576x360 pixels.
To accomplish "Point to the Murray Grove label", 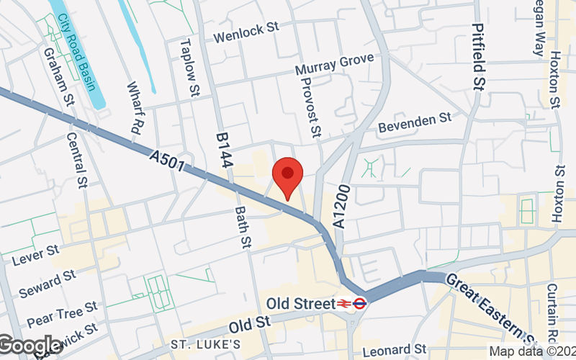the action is point(335,65).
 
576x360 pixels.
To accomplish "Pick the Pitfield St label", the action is point(478,55).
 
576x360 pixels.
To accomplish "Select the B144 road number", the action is point(224,150).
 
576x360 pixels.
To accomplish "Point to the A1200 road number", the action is point(341,208).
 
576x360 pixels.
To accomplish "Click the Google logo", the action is point(30,346).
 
